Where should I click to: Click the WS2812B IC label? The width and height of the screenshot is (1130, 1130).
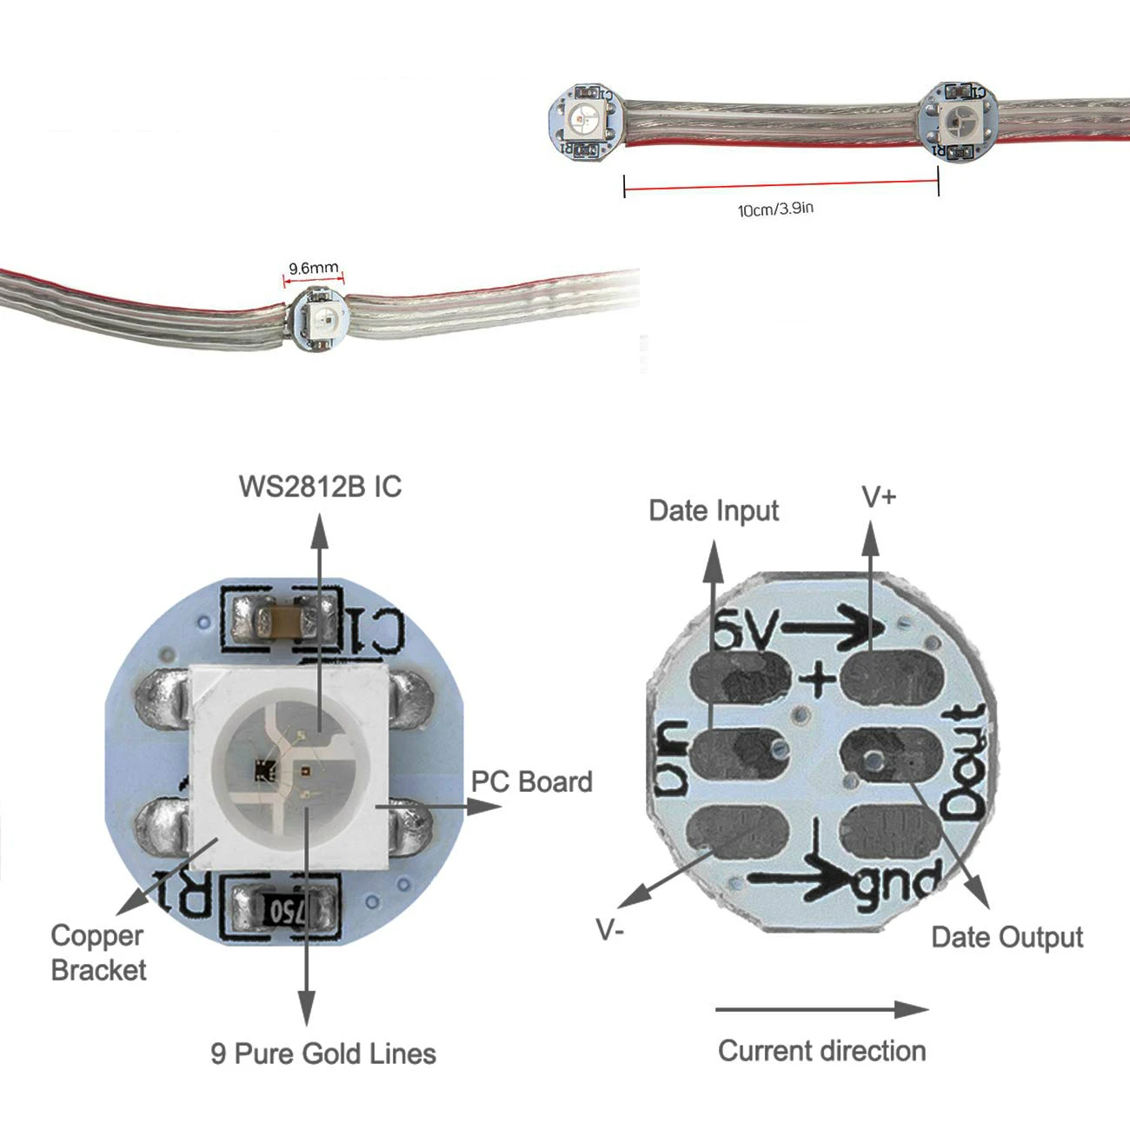(x=320, y=486)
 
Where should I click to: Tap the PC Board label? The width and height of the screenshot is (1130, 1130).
(x=531, y=781)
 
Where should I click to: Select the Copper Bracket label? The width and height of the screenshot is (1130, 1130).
(x=98, y=952)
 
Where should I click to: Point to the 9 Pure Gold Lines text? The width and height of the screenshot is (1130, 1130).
(x=323, y=1054)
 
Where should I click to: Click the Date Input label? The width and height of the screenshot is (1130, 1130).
(x=714, y=510)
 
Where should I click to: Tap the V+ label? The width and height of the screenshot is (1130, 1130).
(x=879, y=497)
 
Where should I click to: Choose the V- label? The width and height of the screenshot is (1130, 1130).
(x=610, y=930)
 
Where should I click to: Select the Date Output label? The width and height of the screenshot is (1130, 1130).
(x=1007, y=937)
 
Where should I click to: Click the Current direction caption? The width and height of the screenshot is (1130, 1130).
(x=821, y=1051)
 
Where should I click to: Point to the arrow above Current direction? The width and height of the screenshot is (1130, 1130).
(x=821, y=1009)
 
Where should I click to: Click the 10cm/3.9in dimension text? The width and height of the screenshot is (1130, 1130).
(x=775, y=209)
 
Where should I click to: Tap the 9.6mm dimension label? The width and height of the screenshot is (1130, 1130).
(x=313, y=269)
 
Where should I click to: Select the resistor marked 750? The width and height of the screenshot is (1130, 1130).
(x=284, y=912)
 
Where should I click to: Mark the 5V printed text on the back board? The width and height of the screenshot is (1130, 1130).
(x=744, y=632)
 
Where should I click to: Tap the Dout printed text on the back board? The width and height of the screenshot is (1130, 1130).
(x=966, y=762)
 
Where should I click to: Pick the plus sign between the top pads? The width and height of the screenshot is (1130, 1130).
(x=817, y=679)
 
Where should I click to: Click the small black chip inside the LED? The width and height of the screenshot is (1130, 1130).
(x=263, y=768)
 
